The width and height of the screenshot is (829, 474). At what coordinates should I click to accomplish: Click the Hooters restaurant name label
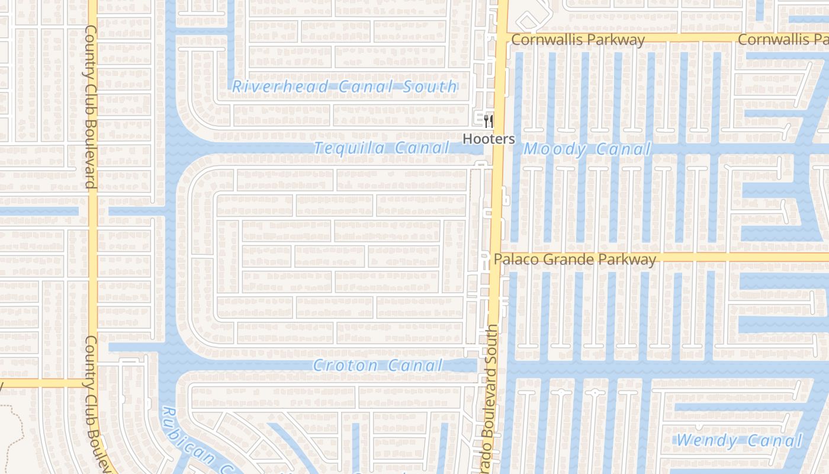[489, 139]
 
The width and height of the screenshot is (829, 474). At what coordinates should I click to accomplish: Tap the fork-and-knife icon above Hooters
[489, 122]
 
